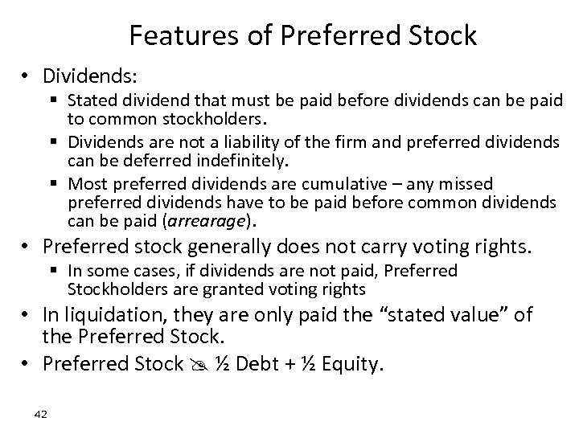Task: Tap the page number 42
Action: [42, 413]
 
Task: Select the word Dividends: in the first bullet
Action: [91, 76]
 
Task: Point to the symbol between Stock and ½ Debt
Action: [196, 365]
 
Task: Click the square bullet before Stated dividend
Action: [58, 101]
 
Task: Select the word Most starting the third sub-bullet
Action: [85, 184]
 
